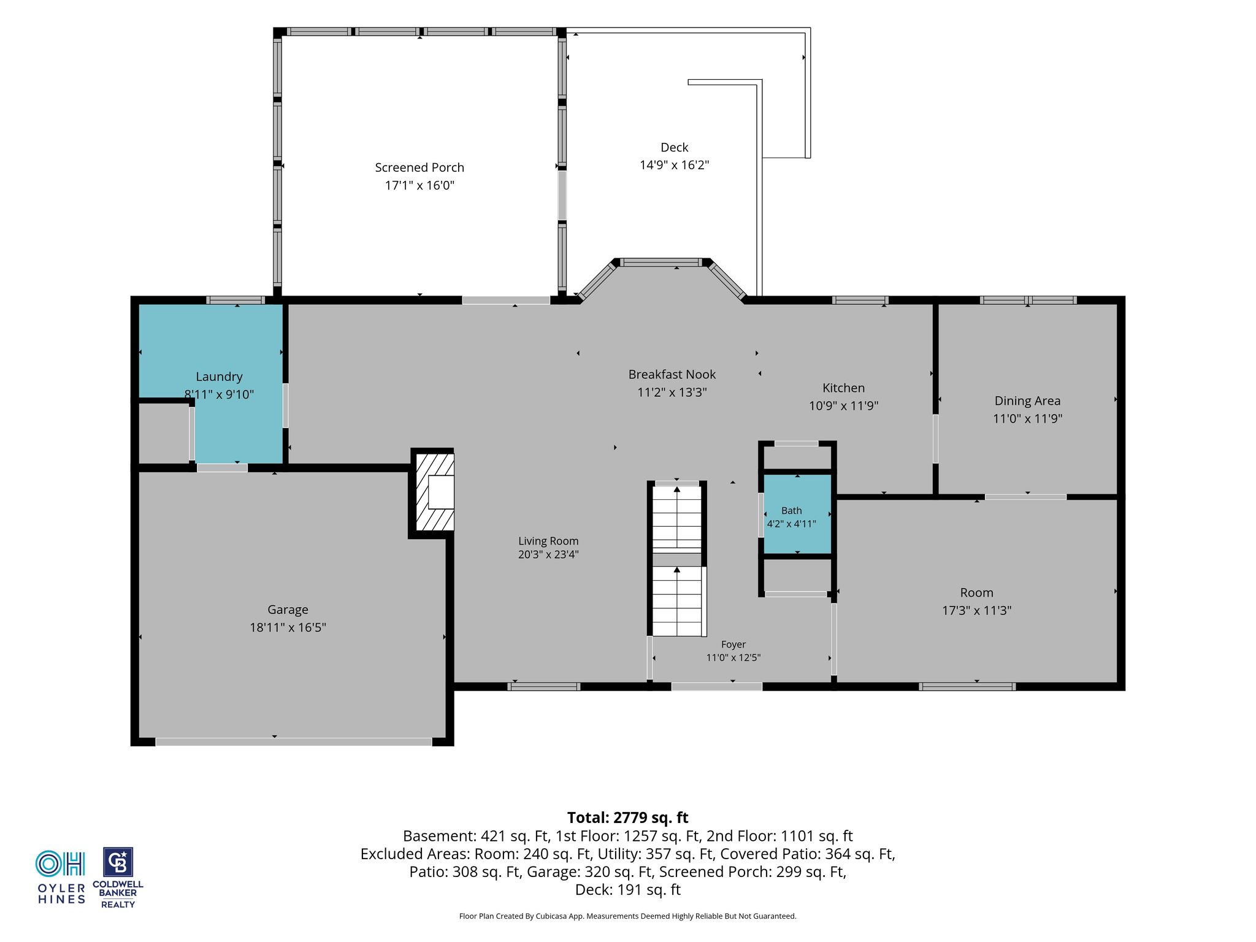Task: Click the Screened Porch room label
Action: pyautogui.click(x=419, y=167)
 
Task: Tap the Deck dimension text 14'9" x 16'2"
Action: pyautogui.click(x=675, y=165)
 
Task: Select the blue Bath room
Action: pyautogui.click(x=797, y=514)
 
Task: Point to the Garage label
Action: pyautogui.click(x=288, y=610)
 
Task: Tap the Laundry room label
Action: pyautogui.click(x=219, y=377)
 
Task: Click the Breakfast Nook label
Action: pyautogui.click(x=672, y=374)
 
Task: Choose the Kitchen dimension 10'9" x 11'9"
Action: pyautogui.click(x=844, y=405)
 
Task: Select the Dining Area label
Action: pyautogui.click(x=1027, y=401)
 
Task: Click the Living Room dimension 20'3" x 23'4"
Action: pyautogui.click(x=548, y=554)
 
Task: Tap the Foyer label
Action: pyautogui.click(x=733, y=645)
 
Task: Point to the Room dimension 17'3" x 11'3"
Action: pyautogui.click(x=977, y=610)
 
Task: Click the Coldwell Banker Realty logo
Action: pyautogui.click(x=118, y=878)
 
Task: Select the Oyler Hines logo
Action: pyautogui.click(x=61, y=877)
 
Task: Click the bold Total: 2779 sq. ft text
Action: pyautogui.click(x=628, y=818)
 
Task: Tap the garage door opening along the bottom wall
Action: pyautogui.click(x=294, y=741)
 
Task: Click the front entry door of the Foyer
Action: pyautogui.click(x=717, y=686)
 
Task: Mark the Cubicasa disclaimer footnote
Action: pyautogui.click(x=628, y=916)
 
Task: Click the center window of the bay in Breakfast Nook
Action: pyautogui.click(x=661, y=262)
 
